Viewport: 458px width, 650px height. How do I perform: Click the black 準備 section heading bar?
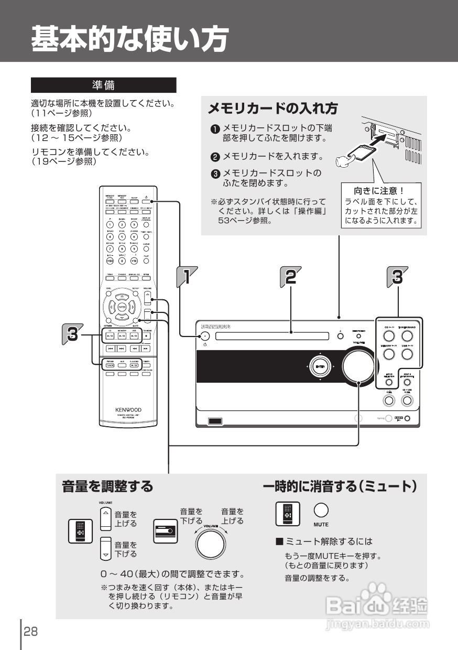pos(103,85)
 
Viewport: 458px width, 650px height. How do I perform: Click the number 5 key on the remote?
pos(122,236)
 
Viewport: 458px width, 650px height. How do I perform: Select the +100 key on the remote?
pos(110,261)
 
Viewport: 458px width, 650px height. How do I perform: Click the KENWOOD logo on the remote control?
pos(128,409)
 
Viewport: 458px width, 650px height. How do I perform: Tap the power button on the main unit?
pos(205,336)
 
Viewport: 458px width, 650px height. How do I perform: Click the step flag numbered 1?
pos(186,276)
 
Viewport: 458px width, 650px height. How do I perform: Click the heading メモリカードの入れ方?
pos(272,109)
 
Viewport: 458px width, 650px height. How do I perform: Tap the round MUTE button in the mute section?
pos(321,510)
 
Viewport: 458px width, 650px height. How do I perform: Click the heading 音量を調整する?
pos(107,486)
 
